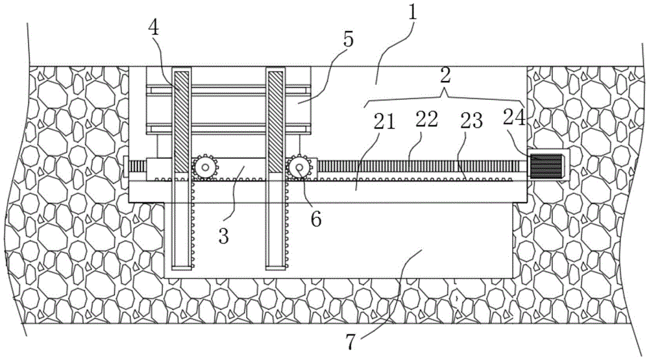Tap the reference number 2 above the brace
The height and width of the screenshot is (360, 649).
coord(445,76)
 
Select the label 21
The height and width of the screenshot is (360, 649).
coord(385,122)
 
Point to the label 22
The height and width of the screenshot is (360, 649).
coord(427,119)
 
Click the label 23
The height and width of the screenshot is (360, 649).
coord(472,121)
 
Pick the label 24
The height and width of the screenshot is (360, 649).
coord(515,117)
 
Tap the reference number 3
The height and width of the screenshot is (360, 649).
coord(223,236)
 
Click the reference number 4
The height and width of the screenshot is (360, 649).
coord(153,27)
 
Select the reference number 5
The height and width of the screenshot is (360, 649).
coord(349,40)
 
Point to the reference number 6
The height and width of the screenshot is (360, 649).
coord(316,219)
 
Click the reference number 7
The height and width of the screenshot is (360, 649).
coord(350,342)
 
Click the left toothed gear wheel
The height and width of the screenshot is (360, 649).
coord(205,167)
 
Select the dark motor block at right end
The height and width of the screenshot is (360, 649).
coord(546,166)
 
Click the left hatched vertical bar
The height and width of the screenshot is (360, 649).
coord(181,122)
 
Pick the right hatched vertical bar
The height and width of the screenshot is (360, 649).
coord(276,122)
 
